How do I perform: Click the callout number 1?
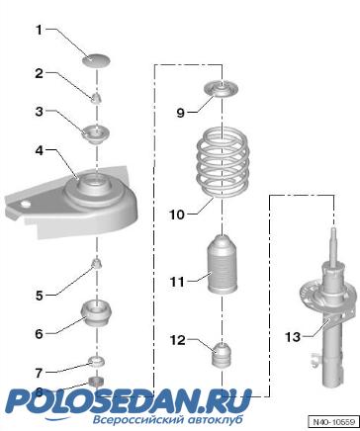(x=39, y=30)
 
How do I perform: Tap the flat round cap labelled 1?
(x=96, y=61)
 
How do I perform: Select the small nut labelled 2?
(x=96, y=98)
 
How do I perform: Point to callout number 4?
(x=40, y=151)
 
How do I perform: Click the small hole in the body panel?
(x=25, y=205)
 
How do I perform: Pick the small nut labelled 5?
(x=97, y=263)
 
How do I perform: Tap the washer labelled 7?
(x=97, y=362)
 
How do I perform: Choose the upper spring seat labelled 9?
(x=221, y=89)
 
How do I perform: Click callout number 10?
(x=177, y=215)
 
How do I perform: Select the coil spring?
(x=222, y=161)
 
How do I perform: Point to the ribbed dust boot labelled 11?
(x=223, y=264)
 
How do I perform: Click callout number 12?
(x=178, y=340)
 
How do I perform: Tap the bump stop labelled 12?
(x=222, y=356)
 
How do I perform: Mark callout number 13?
(x=293, y=337)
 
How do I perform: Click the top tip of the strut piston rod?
(x=333, y=226)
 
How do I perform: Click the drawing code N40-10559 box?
(x=333, y=422)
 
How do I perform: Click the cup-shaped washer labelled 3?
(x=96, y=133)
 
